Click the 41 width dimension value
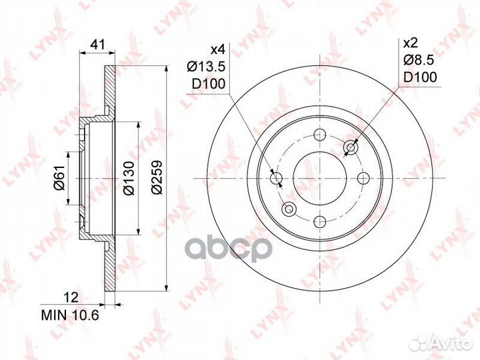[98, 45]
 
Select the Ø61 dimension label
[60, 177]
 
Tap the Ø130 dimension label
[129, 178]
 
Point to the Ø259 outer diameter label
[157, 177]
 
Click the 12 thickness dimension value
[71, 297]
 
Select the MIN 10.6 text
[70, 315]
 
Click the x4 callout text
[218, 49]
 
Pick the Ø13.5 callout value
[206, 66]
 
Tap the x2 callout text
[411, 43]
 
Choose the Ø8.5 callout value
[419, 60]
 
